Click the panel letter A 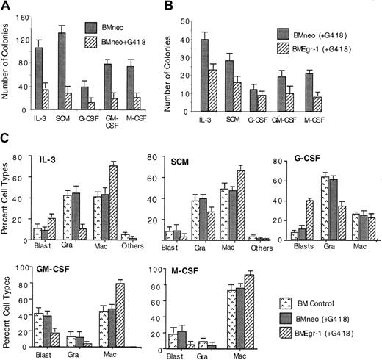6,7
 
